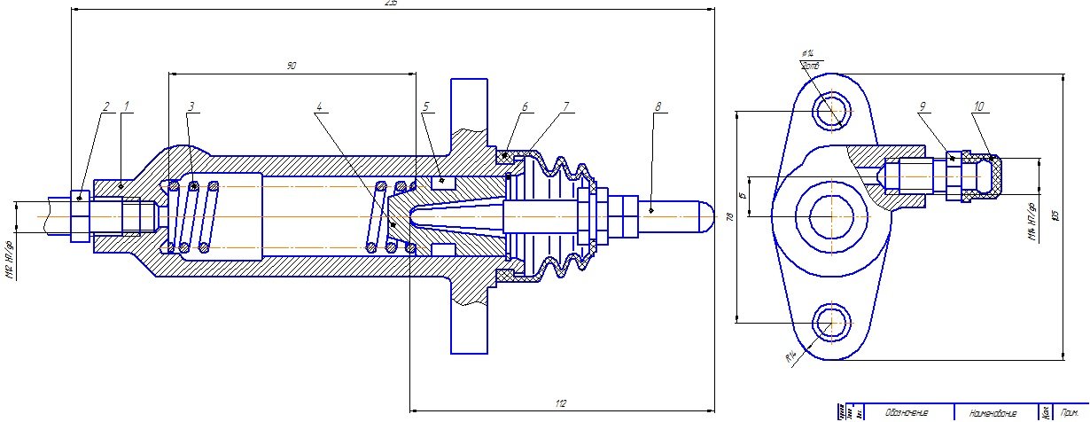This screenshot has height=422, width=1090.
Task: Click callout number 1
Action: pos(126,106)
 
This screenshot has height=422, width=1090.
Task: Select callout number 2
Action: pos(105,106)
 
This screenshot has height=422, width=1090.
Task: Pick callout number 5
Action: pos(426,106)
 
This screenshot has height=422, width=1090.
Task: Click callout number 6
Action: pos(525,106)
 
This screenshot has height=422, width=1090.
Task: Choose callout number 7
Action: pos(565,106)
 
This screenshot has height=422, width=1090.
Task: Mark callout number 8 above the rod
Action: pos(658,106)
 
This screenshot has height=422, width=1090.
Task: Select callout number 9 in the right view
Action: pos(923,106)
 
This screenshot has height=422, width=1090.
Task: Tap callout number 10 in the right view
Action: pos(978,106)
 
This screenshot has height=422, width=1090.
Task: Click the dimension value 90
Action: pos(292,66)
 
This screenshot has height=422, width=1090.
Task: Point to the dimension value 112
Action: pos(560,404)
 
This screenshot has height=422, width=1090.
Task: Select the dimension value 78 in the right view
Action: pos(729,217)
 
